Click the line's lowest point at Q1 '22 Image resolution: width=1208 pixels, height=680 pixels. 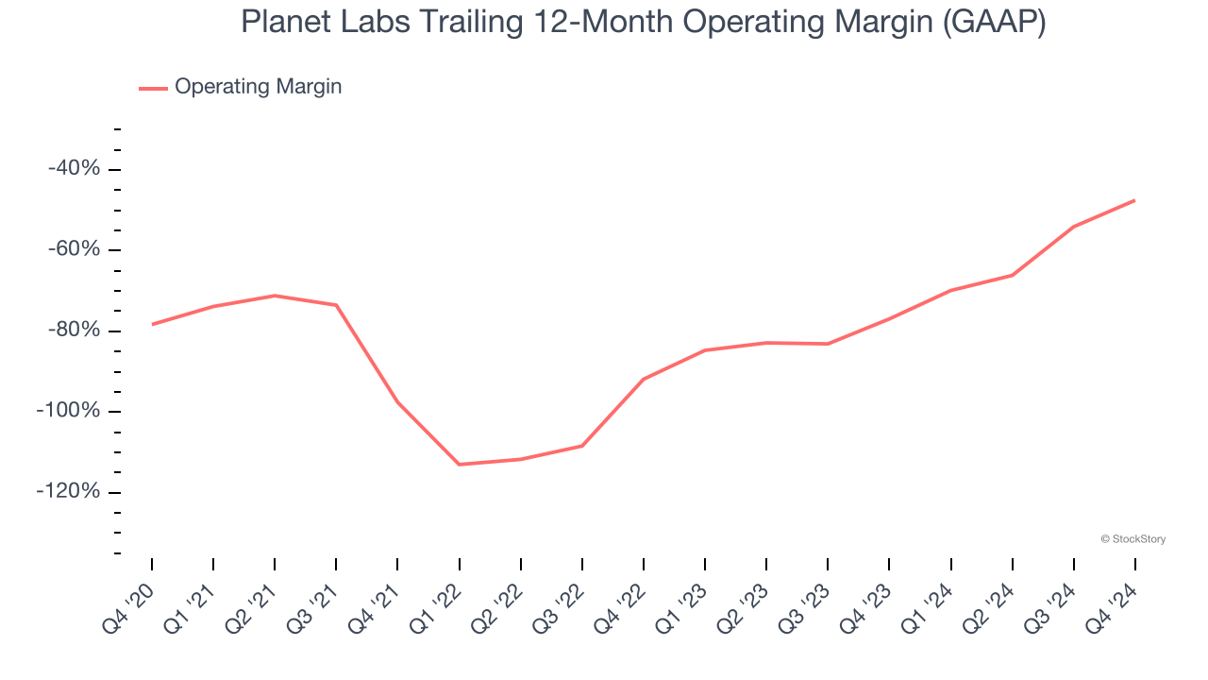tap(459, 465)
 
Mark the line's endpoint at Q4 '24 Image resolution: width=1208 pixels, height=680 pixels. tap(1134, 200)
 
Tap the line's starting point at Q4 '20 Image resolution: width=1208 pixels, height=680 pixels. tap(152, 324)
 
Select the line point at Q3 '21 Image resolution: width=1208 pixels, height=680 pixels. tap(336, 305)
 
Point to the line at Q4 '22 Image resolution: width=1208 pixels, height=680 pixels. tap(643, 380)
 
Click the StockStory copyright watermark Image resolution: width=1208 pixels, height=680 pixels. tap(1132, 539)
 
